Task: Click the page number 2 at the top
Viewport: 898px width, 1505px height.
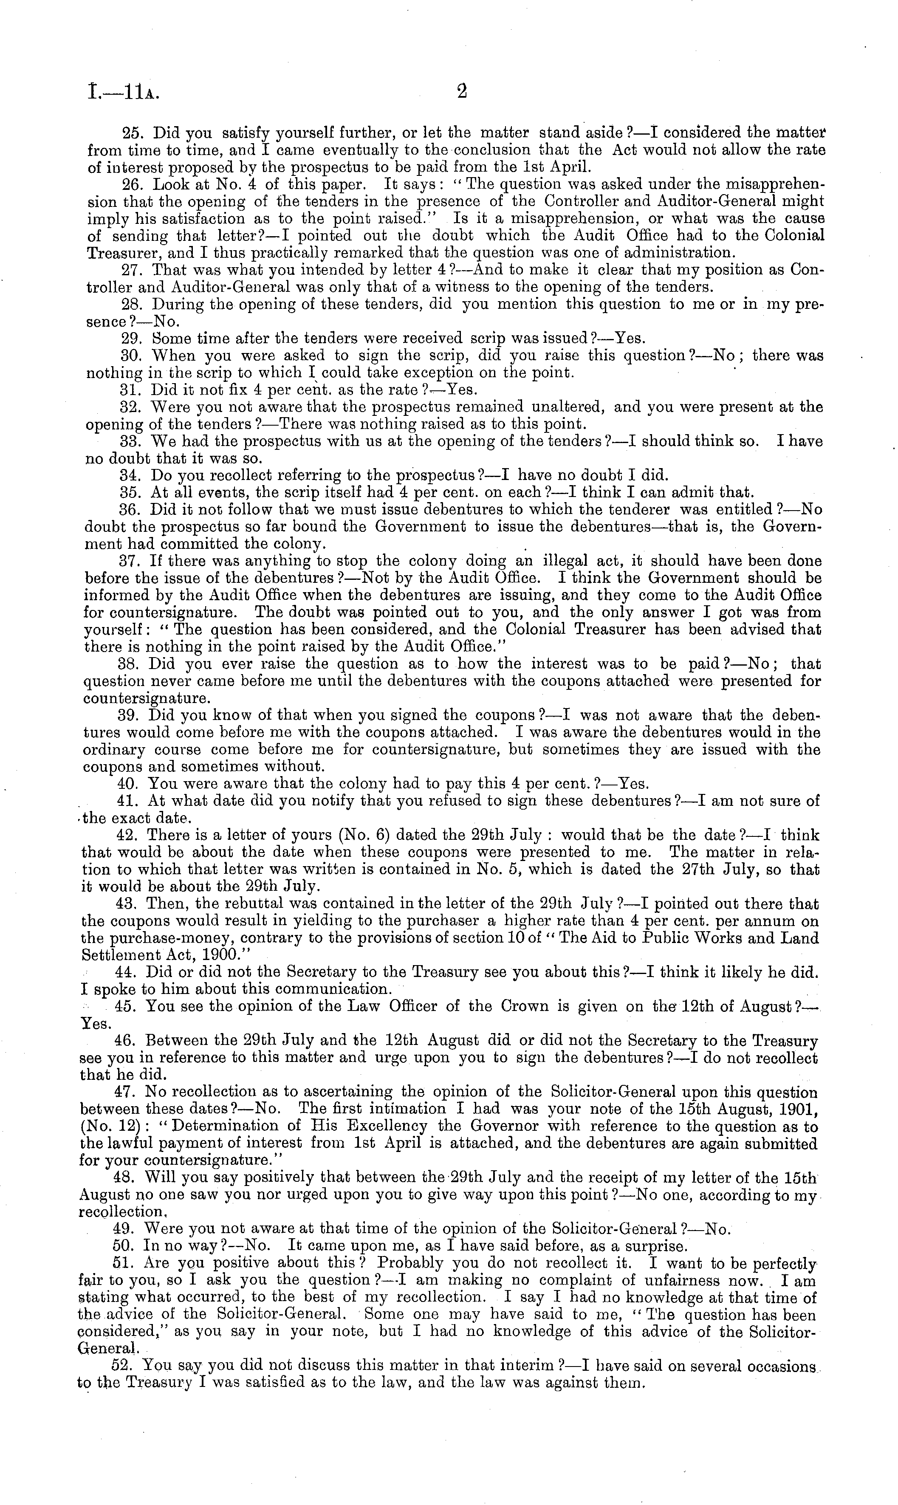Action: click(462, 92)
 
